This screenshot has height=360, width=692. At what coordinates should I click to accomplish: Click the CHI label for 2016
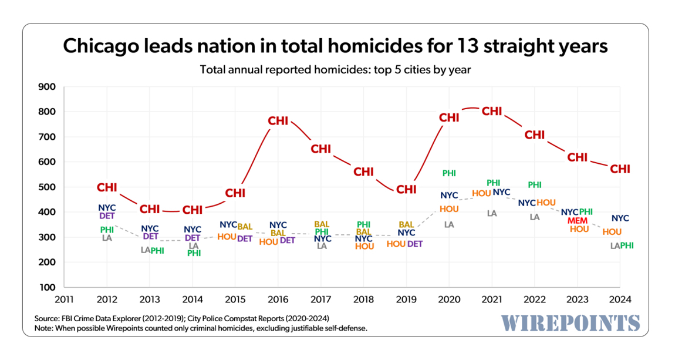tap(278, 120)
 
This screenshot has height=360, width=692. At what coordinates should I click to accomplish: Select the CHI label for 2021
tap(492, 111)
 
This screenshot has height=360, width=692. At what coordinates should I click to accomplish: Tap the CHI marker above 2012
tap(107, 188)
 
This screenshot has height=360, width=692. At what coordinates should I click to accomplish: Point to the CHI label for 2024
tap(620, 169)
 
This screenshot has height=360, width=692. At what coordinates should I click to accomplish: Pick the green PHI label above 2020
tap(449, 173)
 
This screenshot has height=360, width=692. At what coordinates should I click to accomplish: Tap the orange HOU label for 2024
tap(612, 232)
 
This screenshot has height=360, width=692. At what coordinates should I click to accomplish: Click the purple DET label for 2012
tap(107, 216)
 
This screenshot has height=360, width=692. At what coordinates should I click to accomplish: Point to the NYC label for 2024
tap(620, 218)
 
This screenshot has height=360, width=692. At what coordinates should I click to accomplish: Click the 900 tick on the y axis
tap(46, 87)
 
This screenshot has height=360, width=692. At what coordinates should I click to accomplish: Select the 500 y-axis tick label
tap(46, 187)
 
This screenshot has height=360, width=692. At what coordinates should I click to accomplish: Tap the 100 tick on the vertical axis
tap(46, 287)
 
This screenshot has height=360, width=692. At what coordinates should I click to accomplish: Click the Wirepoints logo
tap(571, 322)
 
